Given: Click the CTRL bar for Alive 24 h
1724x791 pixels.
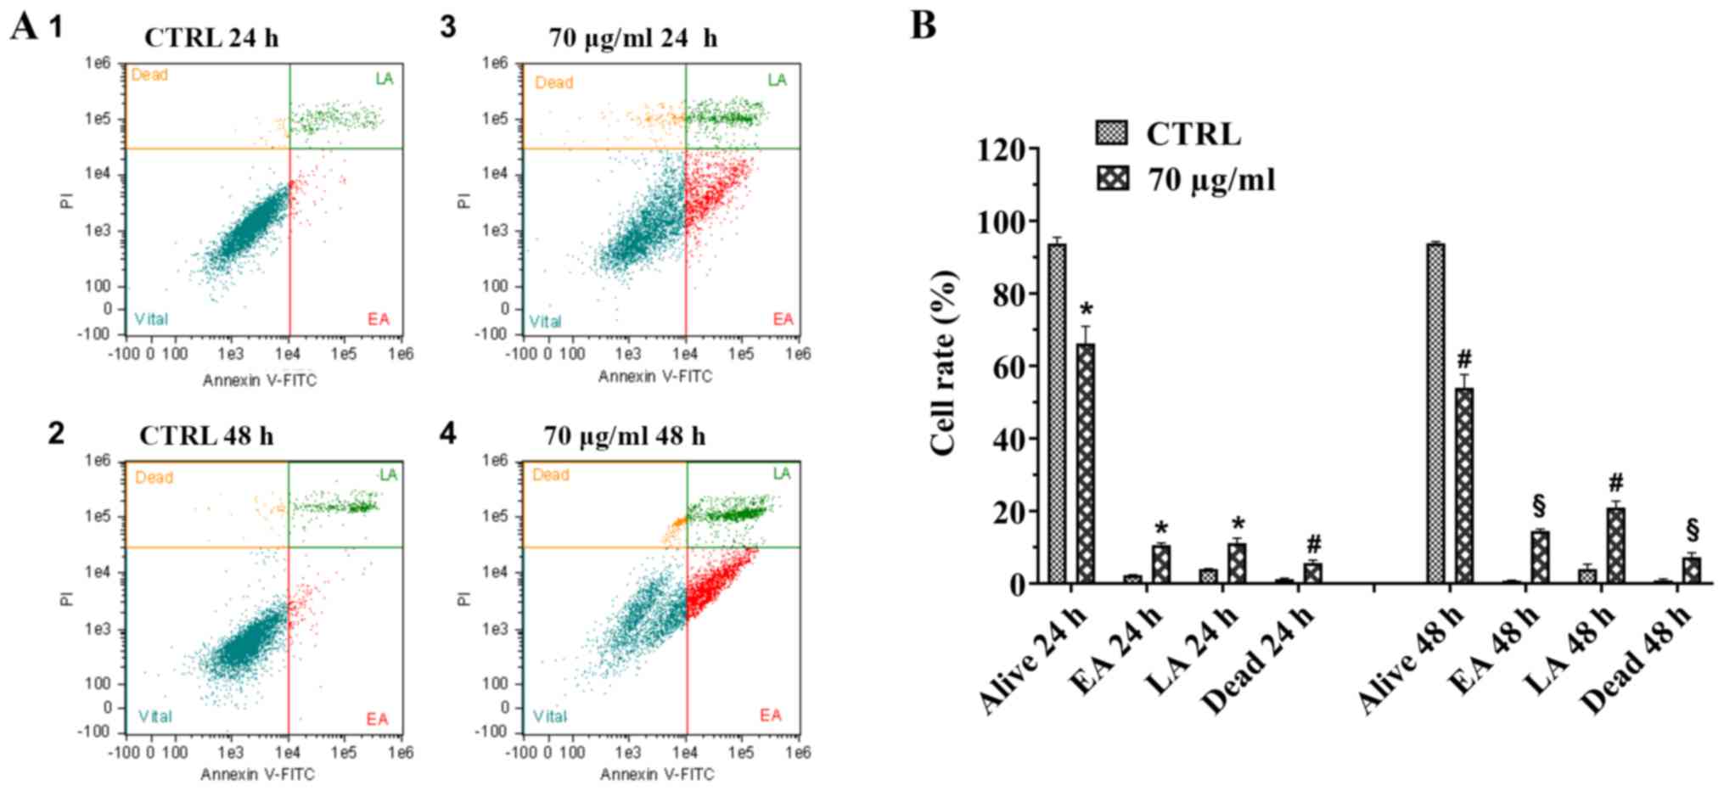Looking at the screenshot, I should pos(1057,413).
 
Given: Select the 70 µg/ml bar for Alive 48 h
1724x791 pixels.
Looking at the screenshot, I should pos(1464,485).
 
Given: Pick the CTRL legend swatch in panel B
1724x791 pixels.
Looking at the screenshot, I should pos(1112,133).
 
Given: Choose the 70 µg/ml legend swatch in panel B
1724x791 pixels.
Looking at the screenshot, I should pos(1112,179).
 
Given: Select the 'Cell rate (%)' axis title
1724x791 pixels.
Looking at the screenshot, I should pos(944,363).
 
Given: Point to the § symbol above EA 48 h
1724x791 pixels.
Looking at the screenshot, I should pos(1539,507).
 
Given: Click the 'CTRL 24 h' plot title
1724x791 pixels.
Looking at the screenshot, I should pos(211,38).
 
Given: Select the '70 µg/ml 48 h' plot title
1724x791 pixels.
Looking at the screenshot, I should pos(625,436).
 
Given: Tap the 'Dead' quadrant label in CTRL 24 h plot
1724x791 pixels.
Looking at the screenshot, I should pos(149,76).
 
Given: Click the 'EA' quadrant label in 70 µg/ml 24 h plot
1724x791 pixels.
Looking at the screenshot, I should pos(783,319).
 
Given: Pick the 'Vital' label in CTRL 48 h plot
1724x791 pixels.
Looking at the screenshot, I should pos(155,716).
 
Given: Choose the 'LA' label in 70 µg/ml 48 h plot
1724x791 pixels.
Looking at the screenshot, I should pos(781,474).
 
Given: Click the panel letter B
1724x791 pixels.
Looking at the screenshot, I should pos(924,25).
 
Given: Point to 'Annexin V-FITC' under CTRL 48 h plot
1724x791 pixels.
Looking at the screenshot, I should pos(258,774).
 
